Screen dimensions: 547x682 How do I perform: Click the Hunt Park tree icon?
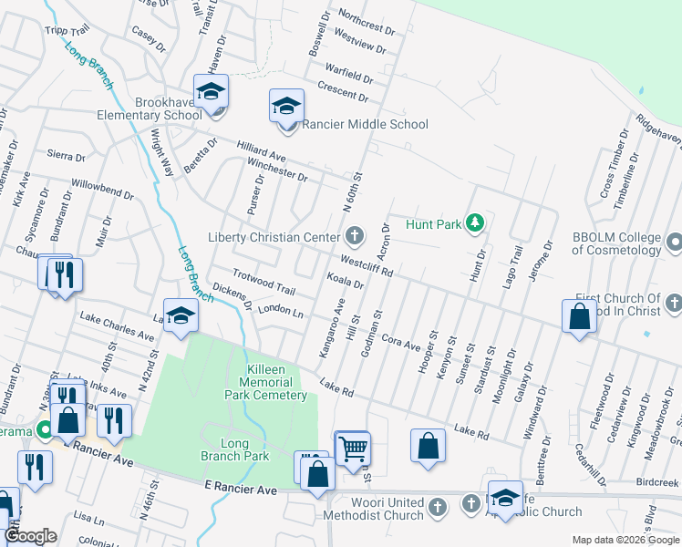474,222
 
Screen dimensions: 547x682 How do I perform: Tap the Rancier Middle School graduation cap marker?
286,106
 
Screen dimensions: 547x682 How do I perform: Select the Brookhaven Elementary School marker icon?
211,94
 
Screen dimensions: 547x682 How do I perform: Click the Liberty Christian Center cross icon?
355,237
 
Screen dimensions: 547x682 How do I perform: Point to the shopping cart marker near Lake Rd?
352,448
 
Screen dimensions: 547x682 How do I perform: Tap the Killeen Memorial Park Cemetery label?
266,382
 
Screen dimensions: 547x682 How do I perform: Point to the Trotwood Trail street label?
263,282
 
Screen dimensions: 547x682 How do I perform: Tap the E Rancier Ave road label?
241,490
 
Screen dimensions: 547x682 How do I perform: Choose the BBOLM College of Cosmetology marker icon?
674,243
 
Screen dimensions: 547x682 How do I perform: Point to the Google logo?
31,536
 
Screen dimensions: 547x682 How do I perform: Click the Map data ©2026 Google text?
625,540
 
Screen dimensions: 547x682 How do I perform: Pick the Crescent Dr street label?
343,90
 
